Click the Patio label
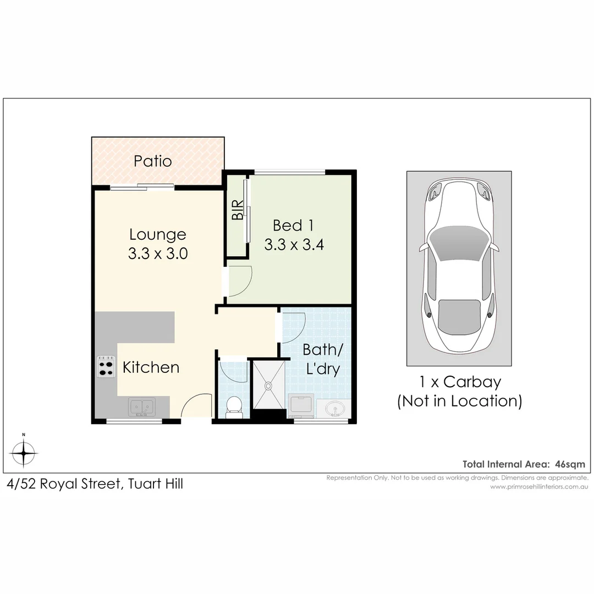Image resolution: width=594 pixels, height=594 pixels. pos(153,161)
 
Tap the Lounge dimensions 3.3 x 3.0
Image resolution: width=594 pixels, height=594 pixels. pos(157,254)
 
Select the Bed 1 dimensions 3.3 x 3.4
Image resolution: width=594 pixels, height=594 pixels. pos(294,244)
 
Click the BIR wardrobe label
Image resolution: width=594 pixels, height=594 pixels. pos(238,210)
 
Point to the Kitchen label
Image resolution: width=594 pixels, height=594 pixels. pos(151,367)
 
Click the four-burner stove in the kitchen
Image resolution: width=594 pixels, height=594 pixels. pos(106,366)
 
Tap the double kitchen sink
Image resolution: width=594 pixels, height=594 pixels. pos(142,407)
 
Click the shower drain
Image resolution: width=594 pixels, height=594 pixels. pos(268,386)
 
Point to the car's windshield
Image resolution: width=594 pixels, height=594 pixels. pos(459,244)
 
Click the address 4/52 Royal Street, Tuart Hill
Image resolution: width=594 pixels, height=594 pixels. pos(95,484)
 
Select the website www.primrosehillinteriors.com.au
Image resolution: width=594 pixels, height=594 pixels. pos(539,486)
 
